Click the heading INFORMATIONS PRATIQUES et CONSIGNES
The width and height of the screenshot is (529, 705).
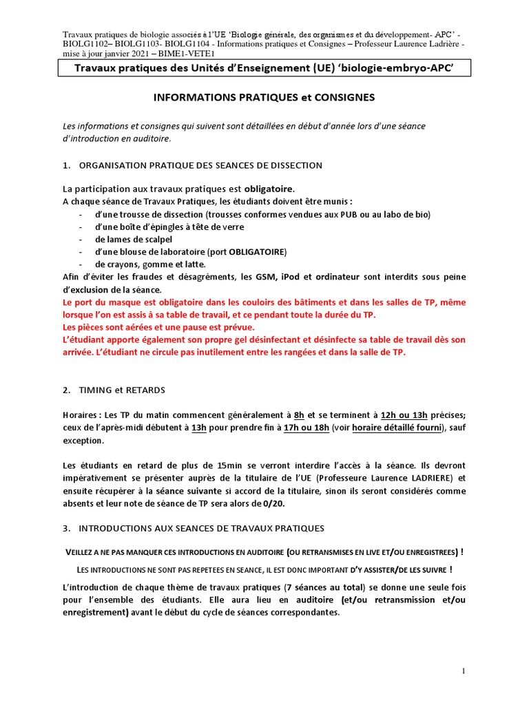(264, 97)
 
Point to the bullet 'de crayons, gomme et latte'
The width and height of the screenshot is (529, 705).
(150, 264)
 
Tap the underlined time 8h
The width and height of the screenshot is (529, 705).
(299, 415)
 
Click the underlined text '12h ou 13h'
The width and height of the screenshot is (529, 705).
(404, 415)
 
